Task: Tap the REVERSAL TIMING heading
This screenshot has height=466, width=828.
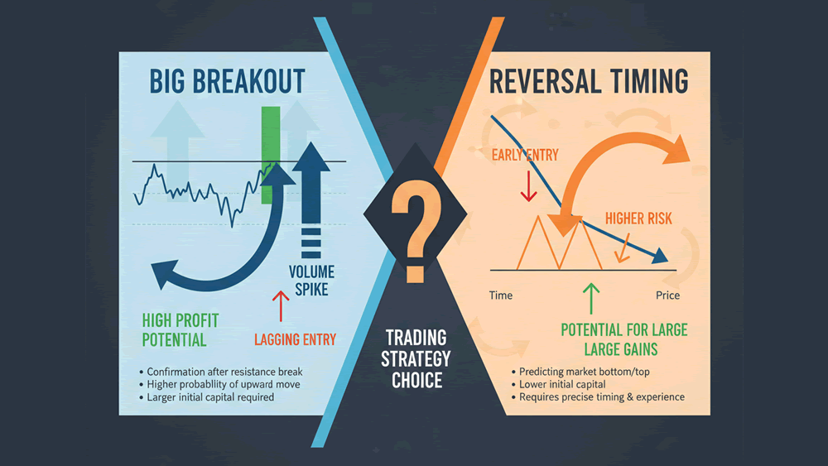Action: (x=588, y=82)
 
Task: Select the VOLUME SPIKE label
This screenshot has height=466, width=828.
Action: (x=309, y=280)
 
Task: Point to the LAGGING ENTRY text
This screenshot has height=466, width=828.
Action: (x=295, y=339)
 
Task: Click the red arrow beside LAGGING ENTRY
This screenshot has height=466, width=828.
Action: (x=279, y=306)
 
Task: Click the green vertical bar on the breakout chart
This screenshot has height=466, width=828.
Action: (x=268, y=155)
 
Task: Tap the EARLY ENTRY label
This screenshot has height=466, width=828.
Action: (x=525, y=155)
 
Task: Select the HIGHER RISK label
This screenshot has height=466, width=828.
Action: (x=638, y=219)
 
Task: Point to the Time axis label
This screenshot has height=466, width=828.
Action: (x=501, y=295)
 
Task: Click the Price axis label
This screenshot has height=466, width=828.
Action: (x=667, y=295)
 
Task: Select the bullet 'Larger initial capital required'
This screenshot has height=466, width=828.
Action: (x=211, y=397)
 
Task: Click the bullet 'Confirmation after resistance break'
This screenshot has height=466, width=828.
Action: (x=224, y=372)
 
